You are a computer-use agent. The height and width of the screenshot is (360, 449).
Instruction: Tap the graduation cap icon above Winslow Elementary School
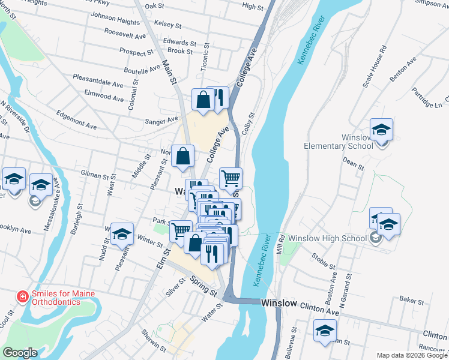pos(381,130)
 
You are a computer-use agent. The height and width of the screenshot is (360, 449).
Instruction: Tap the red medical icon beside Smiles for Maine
pos(22,296)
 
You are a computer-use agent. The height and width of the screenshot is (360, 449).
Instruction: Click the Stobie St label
pos(324,262)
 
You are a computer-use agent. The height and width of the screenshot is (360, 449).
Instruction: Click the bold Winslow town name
pos(279,304)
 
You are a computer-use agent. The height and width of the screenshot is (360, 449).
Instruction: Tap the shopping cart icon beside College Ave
pos(231,178)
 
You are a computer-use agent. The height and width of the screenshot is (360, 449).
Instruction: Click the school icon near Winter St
pos(122,234)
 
